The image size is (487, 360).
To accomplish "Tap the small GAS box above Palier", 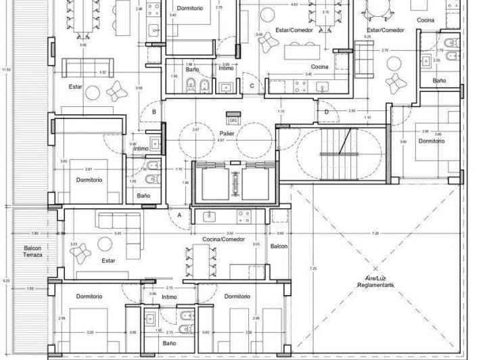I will tap(233, 120).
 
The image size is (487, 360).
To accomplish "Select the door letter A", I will tap(179, 215).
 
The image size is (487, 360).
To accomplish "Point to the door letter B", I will tap(154, 112).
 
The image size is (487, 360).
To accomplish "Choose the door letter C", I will tap(252, 85).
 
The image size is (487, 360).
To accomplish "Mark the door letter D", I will tap(326, 112).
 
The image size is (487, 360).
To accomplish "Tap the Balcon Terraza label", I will tap(32, 251).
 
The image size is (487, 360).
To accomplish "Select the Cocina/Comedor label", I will tap(223, 240).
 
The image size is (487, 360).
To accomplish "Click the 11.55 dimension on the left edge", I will tap(6, 70).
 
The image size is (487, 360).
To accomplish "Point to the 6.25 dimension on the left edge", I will tap(6, 279).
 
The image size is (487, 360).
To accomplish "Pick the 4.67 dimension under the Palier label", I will tap(220, 141).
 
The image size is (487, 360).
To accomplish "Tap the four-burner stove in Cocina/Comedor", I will tap(243, 216).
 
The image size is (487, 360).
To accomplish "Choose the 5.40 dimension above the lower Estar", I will tap(118, 233).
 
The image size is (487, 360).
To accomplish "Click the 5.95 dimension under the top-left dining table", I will tap(83, 45).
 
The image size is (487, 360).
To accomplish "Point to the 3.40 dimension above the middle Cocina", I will tap(308, 74).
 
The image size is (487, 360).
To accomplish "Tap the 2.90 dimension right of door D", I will tap(352, 110).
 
